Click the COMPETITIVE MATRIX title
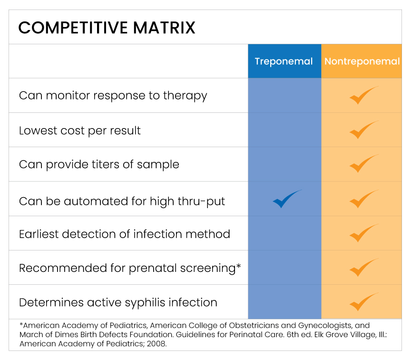(x=107, y=28)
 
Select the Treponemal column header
(x=284, y=61)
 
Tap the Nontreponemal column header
(x=362, y=61)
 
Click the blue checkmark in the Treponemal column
(x=286, y=199)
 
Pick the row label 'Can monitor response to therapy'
(x=113, y=96)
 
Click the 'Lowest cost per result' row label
(x=80, y=130)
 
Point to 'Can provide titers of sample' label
(x=99, y=165)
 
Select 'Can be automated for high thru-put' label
(x=122, y=201)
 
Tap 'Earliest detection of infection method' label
(x=125, y=234)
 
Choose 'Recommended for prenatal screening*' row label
(x=130, y=268)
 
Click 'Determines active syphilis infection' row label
(x=118, y=302)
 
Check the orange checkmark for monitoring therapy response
(x=363, y=96)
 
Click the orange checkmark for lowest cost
(x=363, y=130)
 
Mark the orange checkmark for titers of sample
(x=363, y=164)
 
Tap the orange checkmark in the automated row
(x=363, y=199)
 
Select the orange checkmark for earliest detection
(x=363, y=233)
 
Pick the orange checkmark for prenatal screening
(x=363, y=268)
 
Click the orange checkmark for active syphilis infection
(x=363, y=302)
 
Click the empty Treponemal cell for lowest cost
(x=284, y=130)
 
